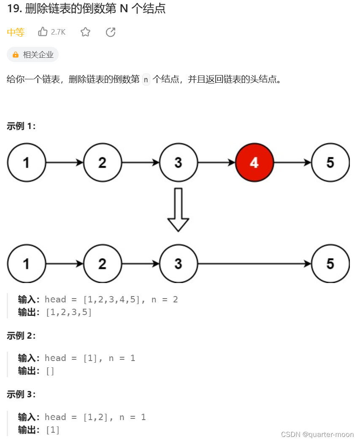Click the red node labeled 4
coord(254,162)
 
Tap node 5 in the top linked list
coord(330,162)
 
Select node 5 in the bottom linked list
coord(330,264)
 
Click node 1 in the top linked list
coord(26,162)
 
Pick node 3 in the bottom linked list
coord(178,264)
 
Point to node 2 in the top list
coord(102,162)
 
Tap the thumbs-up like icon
coord(43,32)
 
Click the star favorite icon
coord(85,32)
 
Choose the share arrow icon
coord(111,32)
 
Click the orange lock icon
coord(16,55)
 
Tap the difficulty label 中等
coord(16,32)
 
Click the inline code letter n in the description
coord(146,79)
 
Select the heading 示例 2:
coord(21,336)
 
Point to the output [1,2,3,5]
coord(69,312)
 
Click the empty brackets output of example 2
coord(50,371)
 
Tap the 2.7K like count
coord(58,32)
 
